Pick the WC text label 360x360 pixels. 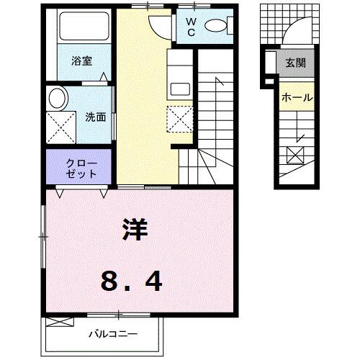coord(192,27)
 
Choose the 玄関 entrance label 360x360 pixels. coord(295,63)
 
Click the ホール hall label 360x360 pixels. coord(295,97)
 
